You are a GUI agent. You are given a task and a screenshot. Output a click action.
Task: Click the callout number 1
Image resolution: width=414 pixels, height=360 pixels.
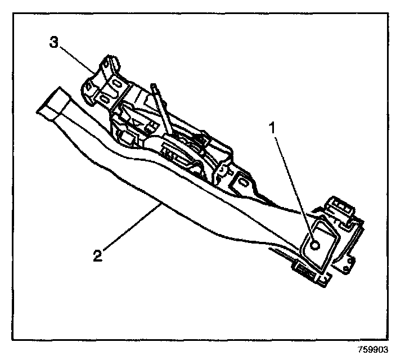click(272, 128)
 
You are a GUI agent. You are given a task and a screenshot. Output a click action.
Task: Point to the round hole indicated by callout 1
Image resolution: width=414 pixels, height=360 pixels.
click(315, 245)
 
